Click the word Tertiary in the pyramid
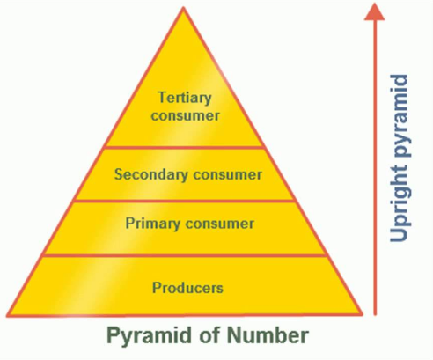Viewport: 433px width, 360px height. pyautogui.click(x=185, y=99)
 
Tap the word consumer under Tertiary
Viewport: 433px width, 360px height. pyautogui.click(x=185, y=115)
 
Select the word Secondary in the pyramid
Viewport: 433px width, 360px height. pyautogui.click(x=151, y=175)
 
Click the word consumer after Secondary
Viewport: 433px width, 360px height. pyautogui.click(x=227, y=175)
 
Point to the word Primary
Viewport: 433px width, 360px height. pyautogui.click(x=153, y=224)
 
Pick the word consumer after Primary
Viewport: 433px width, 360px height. pyautogui.click(x=220, y=224)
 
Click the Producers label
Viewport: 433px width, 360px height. pyautogui.click(x=187, y=288)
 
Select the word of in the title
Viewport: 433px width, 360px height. pyautogui.click(x=209, y=334)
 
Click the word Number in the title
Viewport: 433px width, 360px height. pyautogui.click(x=268, y=335)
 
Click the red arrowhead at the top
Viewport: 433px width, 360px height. pyautogui.click(x=375, y=11)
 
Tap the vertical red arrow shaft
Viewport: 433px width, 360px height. pyautogui.click(x=375, y=168)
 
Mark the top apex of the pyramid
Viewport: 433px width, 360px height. pyautogui.click(x=184, y=7)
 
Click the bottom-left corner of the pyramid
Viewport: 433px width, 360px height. pyautogui.click(x=7, y=316)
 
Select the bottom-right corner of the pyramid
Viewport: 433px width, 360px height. pyautogui.click(x=363, y=315)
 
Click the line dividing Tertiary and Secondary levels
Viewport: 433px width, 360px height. pyautogui.click(x=184, y=147)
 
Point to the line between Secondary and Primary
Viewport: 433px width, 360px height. pyautogui.click(x=184, y=201)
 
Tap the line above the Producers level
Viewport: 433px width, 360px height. pyautogui.click(x=185, y=255)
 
